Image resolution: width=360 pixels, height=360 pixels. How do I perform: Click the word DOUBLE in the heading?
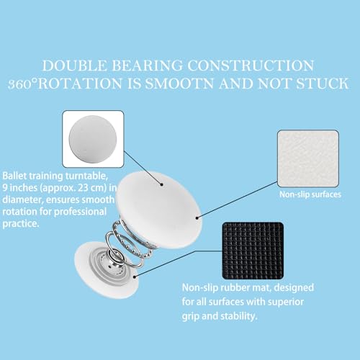tap(74, 66)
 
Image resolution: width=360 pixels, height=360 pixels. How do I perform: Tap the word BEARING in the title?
tap(147, 66)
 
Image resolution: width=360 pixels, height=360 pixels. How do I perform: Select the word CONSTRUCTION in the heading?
tap(251, 66)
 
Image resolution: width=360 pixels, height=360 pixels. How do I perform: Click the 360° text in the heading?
tap(23, 84)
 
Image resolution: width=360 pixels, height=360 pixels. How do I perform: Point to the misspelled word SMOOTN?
tap(179, 84)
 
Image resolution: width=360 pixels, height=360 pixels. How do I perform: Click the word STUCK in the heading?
tap(322, 84)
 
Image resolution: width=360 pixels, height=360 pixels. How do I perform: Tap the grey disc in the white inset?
tap(93, 139)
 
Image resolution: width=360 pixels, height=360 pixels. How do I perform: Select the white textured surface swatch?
tap(308, 158)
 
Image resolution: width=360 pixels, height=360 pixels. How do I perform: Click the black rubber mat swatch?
tap(253, 251)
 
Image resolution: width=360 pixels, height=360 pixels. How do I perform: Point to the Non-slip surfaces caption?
tap(310, 194)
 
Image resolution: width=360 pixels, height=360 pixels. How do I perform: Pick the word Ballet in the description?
tap(14, 176)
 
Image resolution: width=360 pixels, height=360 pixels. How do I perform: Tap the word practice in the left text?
tap(20, 224)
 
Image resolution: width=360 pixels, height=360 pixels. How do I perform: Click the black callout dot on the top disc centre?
tap(162, 184)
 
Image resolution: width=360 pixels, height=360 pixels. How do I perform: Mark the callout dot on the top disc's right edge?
tap(197, 218)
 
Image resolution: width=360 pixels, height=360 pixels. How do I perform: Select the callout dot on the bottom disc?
tap(135, 277)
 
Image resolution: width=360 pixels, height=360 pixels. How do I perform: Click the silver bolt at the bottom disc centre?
tap(110, 266)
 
